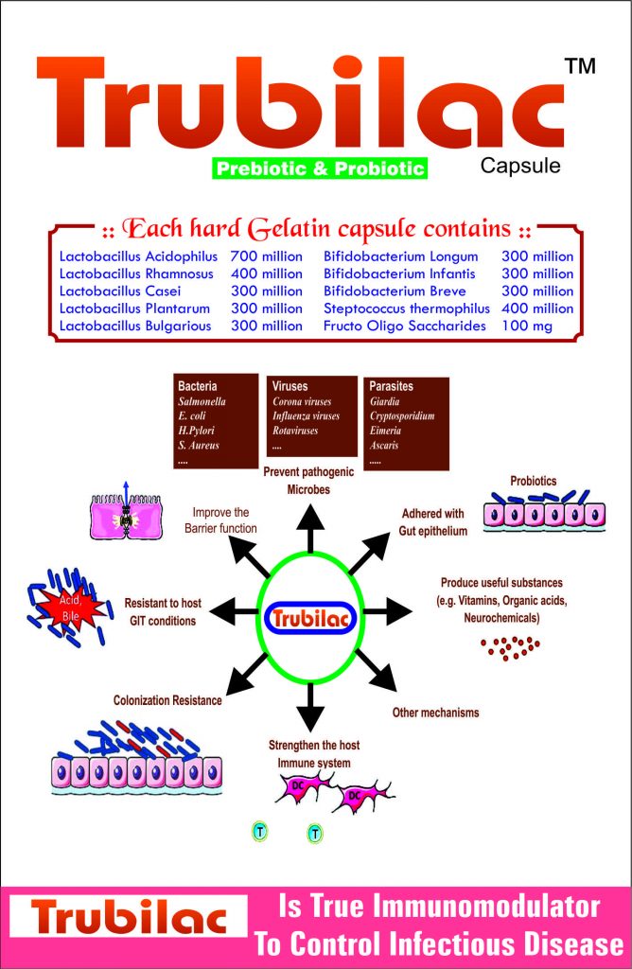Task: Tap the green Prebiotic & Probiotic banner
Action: [320, 169]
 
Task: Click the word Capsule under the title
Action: [520, 167]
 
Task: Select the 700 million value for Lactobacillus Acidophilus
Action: [267, 256]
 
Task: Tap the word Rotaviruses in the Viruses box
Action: [295, 431]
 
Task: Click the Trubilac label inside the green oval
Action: [310, 619]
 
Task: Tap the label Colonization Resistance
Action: [167, 701]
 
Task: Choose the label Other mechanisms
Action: [435, 712]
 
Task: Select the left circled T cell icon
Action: [259, 832]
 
